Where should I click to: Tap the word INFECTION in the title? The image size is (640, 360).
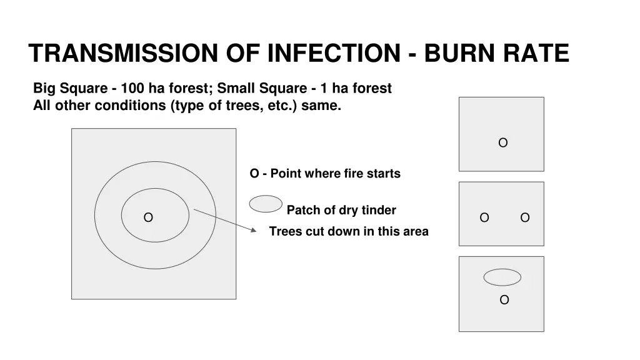pos(332,53)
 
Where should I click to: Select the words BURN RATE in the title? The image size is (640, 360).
pos(497,53)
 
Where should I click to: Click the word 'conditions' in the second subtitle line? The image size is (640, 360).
pos(129,105)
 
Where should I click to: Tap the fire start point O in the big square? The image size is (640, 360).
pos(148,217)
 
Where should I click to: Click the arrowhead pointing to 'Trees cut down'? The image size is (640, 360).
pos(253,230)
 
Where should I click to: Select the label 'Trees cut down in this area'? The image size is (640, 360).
pos(349,231)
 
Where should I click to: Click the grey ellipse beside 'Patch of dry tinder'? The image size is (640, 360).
pos(266,204)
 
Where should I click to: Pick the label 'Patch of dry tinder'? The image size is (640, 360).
pos(341,210)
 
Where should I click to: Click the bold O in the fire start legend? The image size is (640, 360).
pos(254,174)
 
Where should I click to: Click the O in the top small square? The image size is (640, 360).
pos(502,143)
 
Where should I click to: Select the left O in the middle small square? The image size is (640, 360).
pos(484,217)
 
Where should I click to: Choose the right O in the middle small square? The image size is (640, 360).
pos(525,217)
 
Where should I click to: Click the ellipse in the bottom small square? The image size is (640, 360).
pos(502,277)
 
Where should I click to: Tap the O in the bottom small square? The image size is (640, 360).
pos(504,300)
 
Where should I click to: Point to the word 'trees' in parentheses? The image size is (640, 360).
pos(226,105)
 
